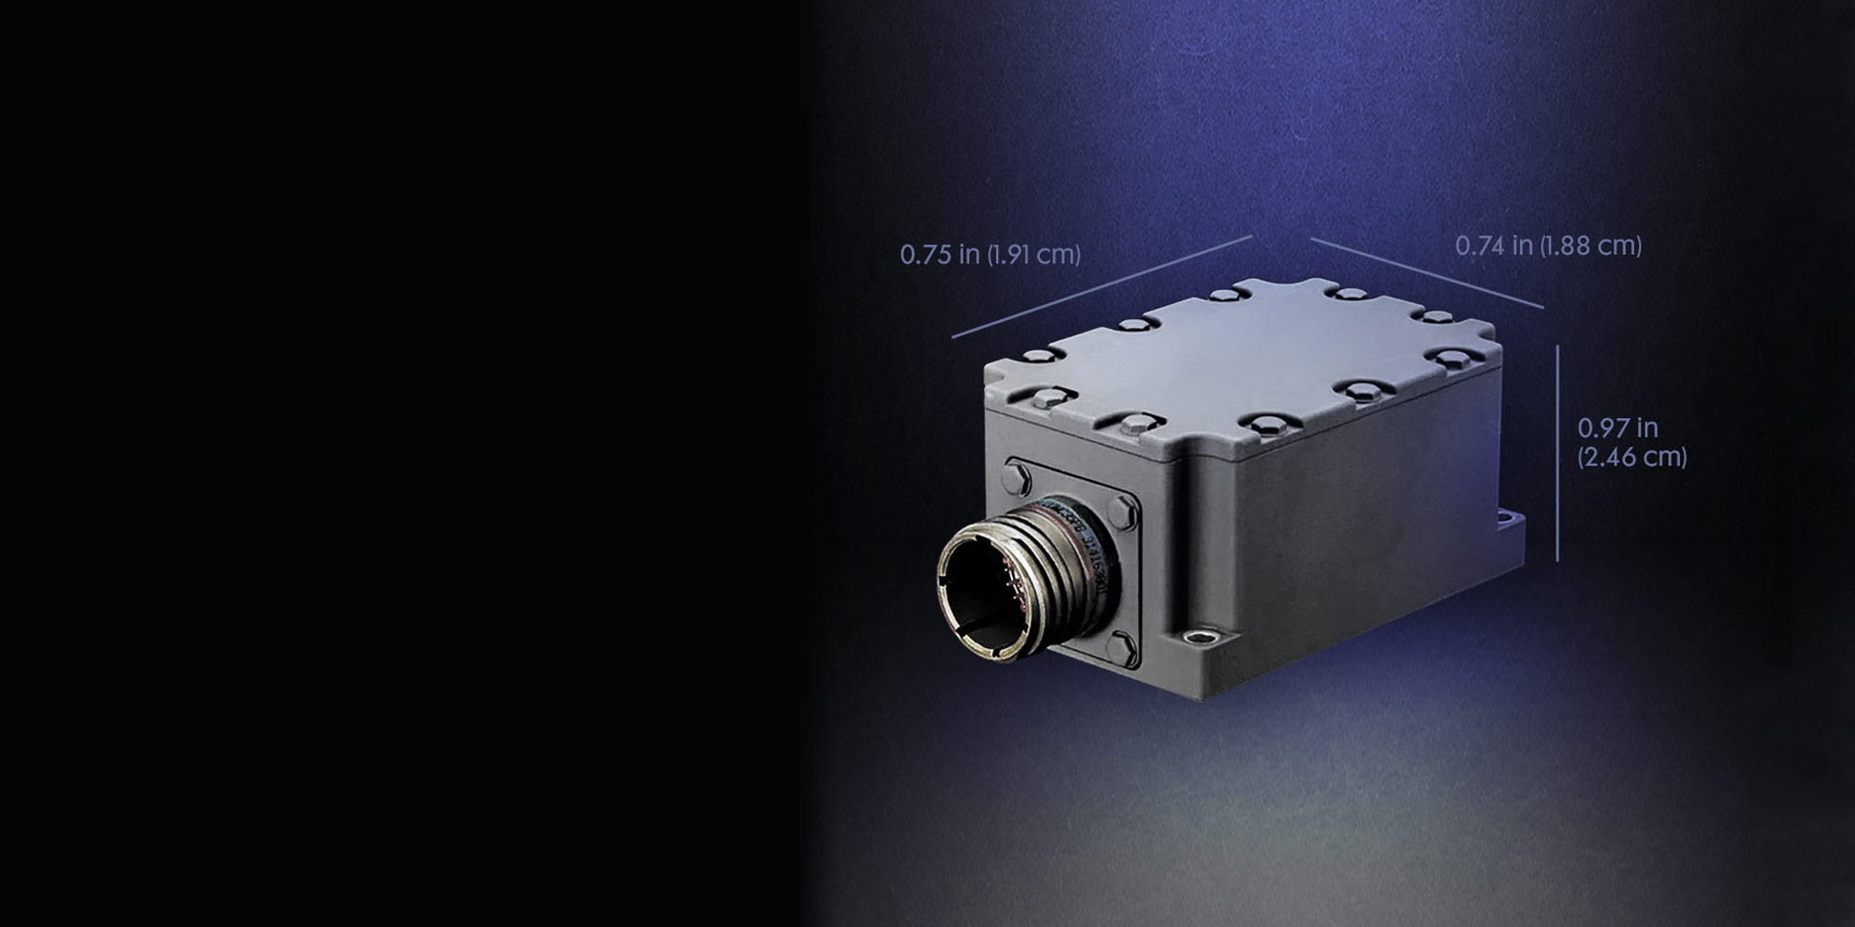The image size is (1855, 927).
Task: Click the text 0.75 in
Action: [939, 254]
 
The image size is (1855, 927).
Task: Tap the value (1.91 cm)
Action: [1033, 254]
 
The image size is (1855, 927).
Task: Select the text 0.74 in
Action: [1493, 246]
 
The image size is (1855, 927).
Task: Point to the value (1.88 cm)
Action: [1591, 246]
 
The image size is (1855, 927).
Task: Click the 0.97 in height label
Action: [1618, 427]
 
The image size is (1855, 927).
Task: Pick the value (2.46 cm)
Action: [1632, 457]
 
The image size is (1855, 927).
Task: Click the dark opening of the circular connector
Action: [987, 593]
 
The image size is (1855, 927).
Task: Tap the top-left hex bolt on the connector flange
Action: [1016, 479]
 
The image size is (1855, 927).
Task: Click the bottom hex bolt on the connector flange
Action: [1121, 646]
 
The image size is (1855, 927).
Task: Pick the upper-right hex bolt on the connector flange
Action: [1122, 512]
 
